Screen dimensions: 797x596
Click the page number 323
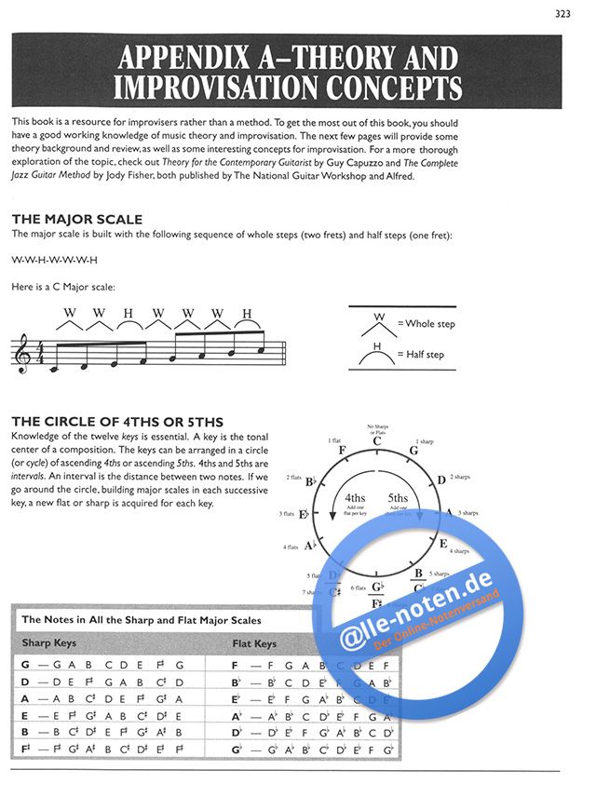562,13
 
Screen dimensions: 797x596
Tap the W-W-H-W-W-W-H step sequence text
54,260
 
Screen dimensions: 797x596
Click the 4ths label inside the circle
355,499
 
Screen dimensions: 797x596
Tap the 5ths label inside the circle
398,499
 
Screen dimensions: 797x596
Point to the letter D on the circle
440,480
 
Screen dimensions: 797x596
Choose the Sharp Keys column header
48,643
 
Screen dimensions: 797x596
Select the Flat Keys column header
253,643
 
